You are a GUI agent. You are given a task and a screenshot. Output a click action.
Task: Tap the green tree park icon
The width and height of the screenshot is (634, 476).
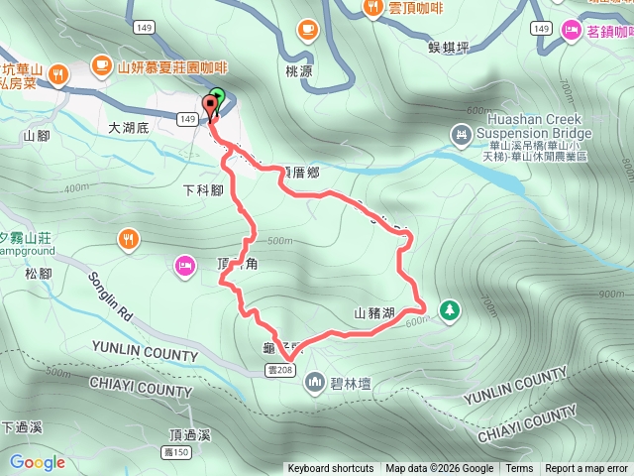(450, 310)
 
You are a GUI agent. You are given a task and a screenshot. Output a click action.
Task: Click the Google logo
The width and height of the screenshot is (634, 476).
(38, 462)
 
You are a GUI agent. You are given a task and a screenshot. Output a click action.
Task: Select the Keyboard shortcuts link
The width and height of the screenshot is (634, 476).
(331, 469)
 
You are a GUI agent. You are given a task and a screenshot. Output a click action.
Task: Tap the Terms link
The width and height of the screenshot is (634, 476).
(519, 469)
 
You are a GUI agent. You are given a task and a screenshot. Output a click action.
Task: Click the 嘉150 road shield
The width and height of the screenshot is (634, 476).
(174, 452)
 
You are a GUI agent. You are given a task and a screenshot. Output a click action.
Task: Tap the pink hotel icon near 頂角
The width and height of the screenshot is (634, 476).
(184, 264)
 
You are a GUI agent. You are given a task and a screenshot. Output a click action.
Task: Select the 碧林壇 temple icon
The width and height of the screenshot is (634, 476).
(316, 381)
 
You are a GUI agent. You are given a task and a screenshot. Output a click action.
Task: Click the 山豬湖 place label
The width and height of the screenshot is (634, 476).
(375, 313)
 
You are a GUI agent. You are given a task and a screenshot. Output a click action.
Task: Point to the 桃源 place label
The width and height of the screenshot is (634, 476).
(298, 72)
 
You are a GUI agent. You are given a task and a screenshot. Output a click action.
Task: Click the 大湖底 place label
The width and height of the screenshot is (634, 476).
(128, 128)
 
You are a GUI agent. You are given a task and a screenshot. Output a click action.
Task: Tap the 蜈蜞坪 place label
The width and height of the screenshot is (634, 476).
(448, 47)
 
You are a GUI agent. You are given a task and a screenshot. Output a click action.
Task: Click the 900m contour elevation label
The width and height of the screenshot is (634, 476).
(612, 294)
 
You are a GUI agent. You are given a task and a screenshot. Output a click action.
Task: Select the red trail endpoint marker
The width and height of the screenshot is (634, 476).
(211, 107)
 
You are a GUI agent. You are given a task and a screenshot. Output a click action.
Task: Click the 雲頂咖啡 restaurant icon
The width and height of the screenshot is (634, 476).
(372, 9)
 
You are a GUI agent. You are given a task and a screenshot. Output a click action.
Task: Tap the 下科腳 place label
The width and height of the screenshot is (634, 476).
(203, 189)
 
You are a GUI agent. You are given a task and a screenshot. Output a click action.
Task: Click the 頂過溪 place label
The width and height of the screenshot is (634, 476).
(190, 435)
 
